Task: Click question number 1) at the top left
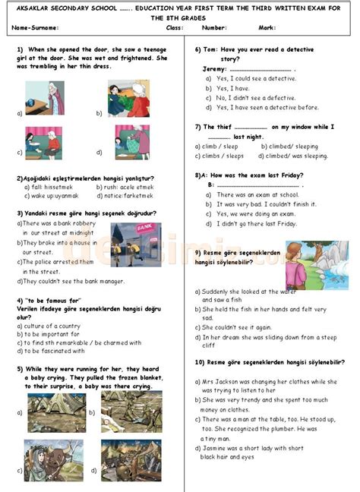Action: click(x=20, y=49)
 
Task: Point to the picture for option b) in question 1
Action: click(x=128, y=97)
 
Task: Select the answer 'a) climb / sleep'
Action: click(x=216, y=146)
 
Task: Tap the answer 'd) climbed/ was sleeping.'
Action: click(x=292, y=156)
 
